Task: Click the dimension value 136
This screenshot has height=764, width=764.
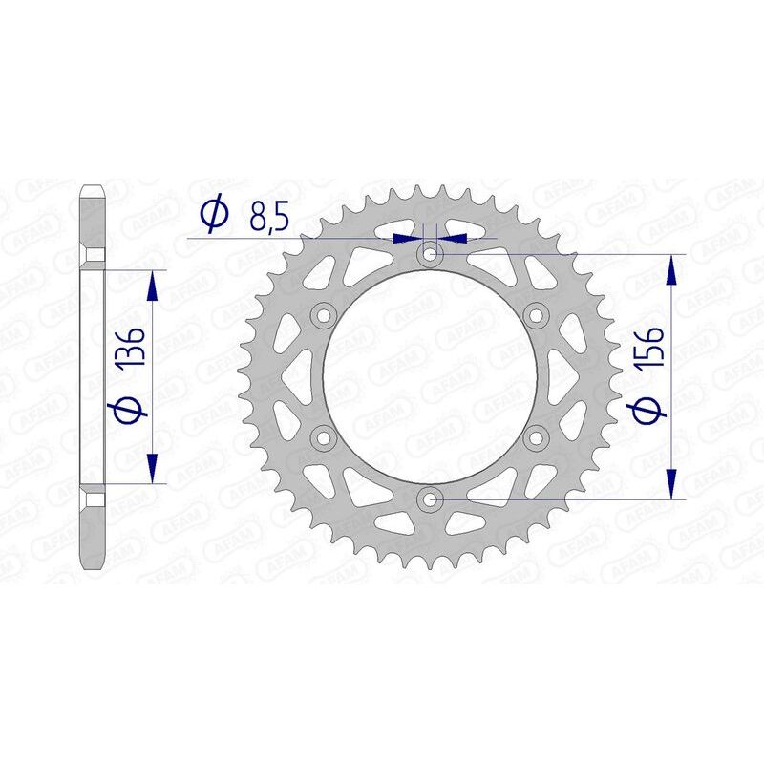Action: click(132, 350)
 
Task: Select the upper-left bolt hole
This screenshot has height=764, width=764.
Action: click(323, 315)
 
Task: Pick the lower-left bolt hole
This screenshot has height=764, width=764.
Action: click(323, 437)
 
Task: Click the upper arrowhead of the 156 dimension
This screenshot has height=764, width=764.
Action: click(674, 268)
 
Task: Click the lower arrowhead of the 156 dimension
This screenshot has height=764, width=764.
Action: click(674, 484)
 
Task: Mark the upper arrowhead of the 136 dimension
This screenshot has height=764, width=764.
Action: click(151, 284)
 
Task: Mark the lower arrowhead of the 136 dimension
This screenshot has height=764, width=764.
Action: click(151, 469)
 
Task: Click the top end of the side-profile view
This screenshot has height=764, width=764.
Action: click(93, 186)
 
